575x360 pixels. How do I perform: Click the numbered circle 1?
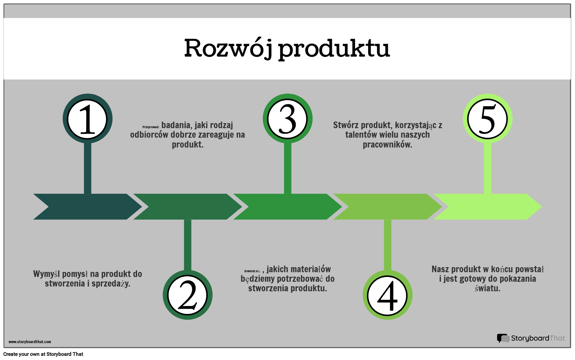pyautogui.click(x=88, y=119)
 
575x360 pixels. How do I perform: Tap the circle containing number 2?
pyautogui.click(x=187, y=295)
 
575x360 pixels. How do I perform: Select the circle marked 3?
pyautogui.click(x=287, y=119)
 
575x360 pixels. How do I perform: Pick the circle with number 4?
pyautogui.click(x=387, y=295)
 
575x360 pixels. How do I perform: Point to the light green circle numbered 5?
pyautogui.click(x=487, y=119)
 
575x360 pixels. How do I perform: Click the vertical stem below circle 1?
pyautogui.click(x=88, y=169)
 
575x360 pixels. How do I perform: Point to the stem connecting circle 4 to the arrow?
pyautogui.click(x=387, y=245)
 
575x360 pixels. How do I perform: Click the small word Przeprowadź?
pyautogui.click(x=151, y=127)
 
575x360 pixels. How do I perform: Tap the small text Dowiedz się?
pyautogui.click(x=252, y=271)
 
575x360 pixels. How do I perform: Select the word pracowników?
pyautogui.click(x=387, y=145)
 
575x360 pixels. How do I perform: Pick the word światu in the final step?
pyautogui.click(x=487, y=288)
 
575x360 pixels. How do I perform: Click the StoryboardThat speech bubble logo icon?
pyautogui.click(x=503, y=338)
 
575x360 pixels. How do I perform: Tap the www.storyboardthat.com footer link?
pyautogui.click(x=30, y=342)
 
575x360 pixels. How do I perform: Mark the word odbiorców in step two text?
pyautogui.click(x=149, y=135)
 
